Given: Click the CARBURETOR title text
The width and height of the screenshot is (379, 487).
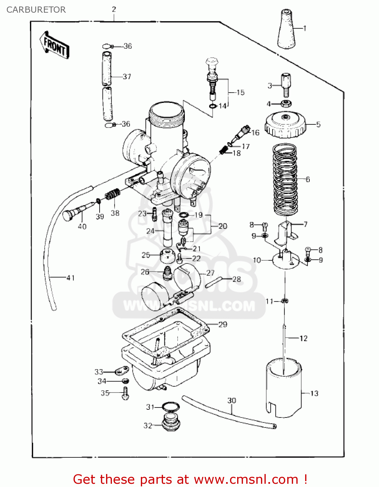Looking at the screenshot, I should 36,10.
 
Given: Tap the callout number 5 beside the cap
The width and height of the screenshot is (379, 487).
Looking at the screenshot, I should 318,124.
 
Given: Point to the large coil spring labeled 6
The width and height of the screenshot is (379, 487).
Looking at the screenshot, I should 285,180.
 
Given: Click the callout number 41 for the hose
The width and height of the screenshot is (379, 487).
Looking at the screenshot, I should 71,278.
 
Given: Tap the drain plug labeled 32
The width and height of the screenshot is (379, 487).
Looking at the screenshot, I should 171,422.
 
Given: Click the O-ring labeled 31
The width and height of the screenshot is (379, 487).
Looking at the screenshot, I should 170,406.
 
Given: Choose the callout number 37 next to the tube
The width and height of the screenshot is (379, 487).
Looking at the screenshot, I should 127,77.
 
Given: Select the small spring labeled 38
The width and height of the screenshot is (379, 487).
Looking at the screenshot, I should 113,194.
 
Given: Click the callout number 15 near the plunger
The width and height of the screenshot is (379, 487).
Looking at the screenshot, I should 240,93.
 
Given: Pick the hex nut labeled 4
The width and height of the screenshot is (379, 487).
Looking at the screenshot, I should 286,104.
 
